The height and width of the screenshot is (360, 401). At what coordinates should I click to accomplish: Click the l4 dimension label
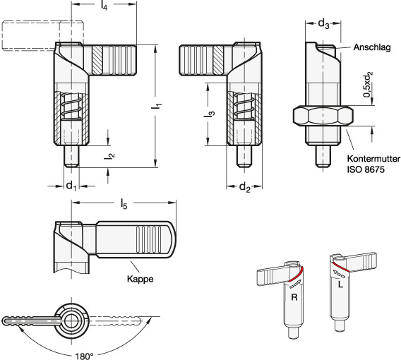104,6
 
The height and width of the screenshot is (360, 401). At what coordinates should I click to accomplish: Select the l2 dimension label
109,156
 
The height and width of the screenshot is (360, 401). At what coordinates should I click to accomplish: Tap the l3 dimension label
210,114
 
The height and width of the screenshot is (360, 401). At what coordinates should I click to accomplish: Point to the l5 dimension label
124,204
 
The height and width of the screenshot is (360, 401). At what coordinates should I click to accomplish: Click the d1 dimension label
71,186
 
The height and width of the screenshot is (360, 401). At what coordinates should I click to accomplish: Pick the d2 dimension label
245,188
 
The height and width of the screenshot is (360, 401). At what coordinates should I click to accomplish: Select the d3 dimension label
323,24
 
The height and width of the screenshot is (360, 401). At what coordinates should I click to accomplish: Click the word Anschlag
372,47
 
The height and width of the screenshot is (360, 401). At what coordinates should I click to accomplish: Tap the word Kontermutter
373,159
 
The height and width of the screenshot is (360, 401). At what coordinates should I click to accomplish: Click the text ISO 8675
366,169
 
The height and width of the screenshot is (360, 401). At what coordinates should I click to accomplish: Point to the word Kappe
140,279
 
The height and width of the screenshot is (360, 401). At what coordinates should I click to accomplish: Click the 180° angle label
85,356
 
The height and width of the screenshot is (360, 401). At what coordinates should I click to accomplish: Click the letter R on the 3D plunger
294,297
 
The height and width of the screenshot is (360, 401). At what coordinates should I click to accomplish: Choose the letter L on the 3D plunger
340,284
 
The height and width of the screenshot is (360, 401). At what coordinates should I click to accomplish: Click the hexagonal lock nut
323,116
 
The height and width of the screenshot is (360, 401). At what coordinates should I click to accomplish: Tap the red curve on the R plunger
296,274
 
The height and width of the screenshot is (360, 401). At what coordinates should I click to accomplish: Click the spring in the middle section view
244,105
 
